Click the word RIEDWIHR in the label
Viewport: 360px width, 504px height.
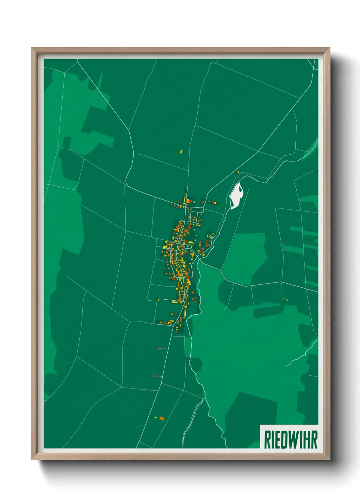click(290, 440)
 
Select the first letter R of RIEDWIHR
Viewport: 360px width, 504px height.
click(267, 440)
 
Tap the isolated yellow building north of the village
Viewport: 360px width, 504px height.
click(181, 151)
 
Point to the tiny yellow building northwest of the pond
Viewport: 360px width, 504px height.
click(239, 172)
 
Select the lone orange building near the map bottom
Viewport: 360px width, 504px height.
click(162, 418)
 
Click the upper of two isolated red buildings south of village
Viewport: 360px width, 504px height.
click(159, 348)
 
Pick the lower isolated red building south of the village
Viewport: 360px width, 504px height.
click(154, 376)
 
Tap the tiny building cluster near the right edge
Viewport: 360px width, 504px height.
click(285, 299)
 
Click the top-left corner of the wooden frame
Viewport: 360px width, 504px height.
click(32, 48)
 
